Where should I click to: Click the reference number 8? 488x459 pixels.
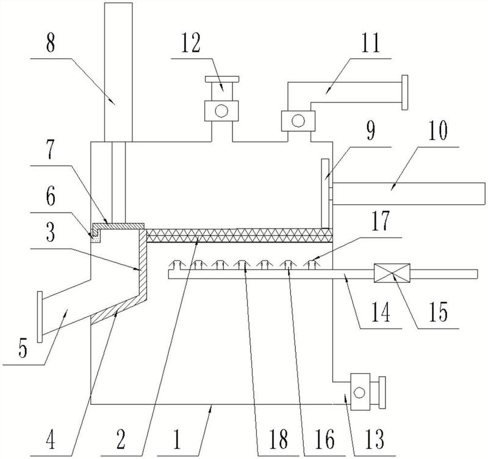tap(51, 43)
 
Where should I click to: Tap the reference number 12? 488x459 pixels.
tap(191, 43)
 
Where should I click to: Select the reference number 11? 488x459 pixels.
tap(371, 43)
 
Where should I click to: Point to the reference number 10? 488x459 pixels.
tap(438, 130)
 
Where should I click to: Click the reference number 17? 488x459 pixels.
tap(381, 220)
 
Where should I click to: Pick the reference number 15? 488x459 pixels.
tap(439, 311)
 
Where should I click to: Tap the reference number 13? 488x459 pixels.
tap(375, 439)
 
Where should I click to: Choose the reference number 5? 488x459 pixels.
tap(23, 348)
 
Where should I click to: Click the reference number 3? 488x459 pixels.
tap(51, 233)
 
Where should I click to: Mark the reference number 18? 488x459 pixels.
tap(279, 439)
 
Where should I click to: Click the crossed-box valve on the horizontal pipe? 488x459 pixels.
tap(392, 273)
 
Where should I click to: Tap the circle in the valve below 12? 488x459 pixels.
tap(221, 111)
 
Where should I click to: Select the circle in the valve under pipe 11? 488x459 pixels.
tap(298, 121)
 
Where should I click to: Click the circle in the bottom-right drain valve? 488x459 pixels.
tap(360, 393)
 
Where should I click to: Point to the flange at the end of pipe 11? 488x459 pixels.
tap(404, 93)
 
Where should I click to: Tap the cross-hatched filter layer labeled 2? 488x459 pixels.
tap(239, 235)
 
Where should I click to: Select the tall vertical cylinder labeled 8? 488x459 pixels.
tap(118, 72)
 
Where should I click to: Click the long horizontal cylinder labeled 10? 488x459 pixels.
tap(409, 193)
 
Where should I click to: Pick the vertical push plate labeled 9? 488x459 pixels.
tap(325, 193)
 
